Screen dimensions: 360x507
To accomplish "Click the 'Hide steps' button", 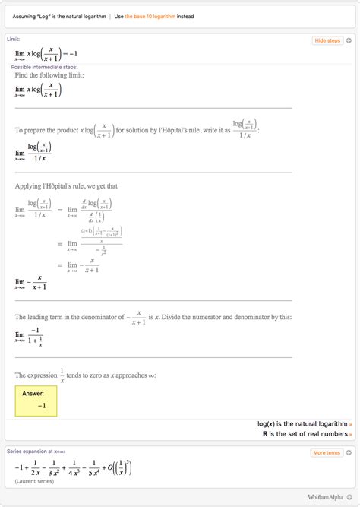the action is (x=327, y=40).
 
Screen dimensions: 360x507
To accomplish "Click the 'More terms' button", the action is (x=327, y=453).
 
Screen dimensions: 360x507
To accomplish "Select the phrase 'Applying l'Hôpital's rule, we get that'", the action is (x=66, y=185).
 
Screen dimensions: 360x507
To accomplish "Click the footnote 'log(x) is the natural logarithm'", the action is (x=303, y=423).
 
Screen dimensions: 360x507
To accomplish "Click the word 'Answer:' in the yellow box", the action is (x=33, y=394).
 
